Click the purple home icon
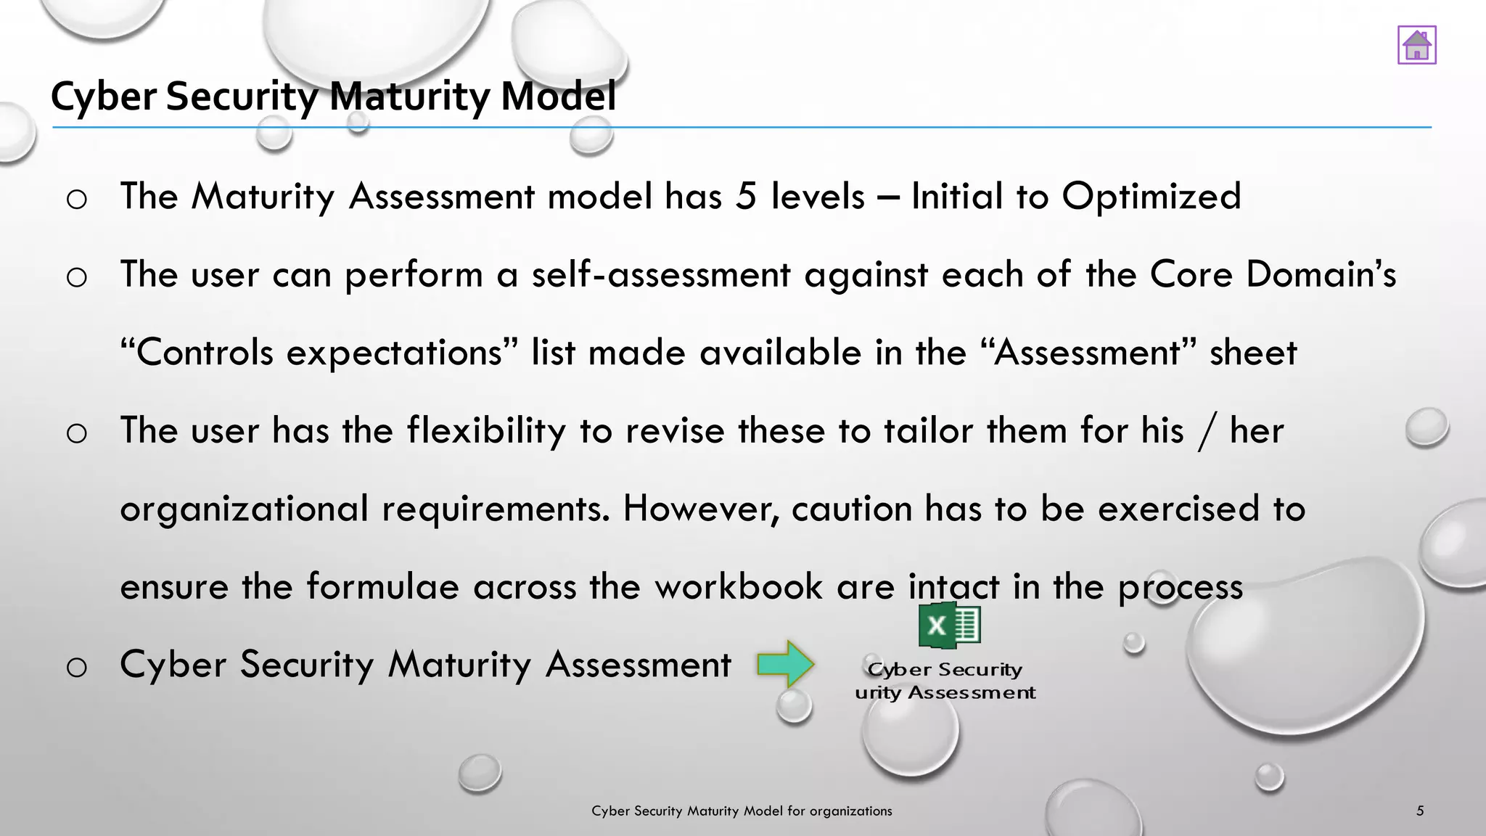[1416, 45]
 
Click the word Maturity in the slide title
[411, 97]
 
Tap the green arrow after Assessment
[785, 664]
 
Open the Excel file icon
[949, 626]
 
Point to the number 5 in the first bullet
[746, 197]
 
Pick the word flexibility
[485, 431]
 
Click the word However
[701, 509]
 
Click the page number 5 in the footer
[1420, 811]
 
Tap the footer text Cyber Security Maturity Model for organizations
[742, 811]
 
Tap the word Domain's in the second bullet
[1320, 275]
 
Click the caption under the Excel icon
[945, 681]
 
